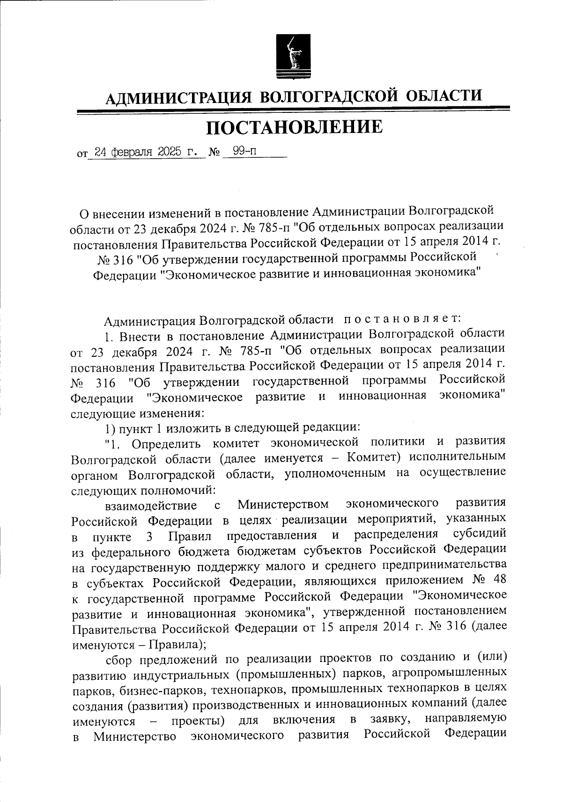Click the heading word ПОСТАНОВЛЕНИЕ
pyautogui.click(x=294, y=127)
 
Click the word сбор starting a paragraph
pyautogui.click(x=120, y=661)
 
